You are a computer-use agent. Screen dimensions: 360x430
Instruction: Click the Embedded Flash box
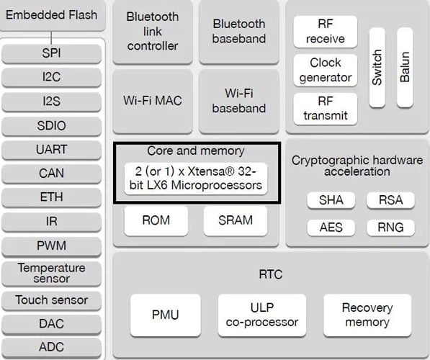52,15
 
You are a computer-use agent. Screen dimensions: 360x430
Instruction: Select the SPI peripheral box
52,54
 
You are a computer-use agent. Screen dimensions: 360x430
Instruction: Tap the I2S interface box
52,102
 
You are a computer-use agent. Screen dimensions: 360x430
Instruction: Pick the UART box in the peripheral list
52,150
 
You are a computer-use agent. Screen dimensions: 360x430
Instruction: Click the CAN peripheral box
52,174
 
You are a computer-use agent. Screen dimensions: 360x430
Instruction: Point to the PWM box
52,246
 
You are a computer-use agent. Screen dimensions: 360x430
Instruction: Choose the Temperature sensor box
52,273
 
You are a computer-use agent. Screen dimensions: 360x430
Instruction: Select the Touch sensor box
52,300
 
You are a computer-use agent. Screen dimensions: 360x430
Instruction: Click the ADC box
52,347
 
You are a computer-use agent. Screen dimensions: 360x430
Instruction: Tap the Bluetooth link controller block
153,31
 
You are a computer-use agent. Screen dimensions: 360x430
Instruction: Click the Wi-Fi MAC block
153,100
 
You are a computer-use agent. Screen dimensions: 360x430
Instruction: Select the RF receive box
325,31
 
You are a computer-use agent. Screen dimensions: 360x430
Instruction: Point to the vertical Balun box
404,67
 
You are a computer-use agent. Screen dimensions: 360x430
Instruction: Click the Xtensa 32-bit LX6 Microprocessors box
197,179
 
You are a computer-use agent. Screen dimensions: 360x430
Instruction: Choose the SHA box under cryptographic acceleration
331,201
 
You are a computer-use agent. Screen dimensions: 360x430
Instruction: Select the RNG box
390,228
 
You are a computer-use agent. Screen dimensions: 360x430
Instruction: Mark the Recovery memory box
367,315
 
